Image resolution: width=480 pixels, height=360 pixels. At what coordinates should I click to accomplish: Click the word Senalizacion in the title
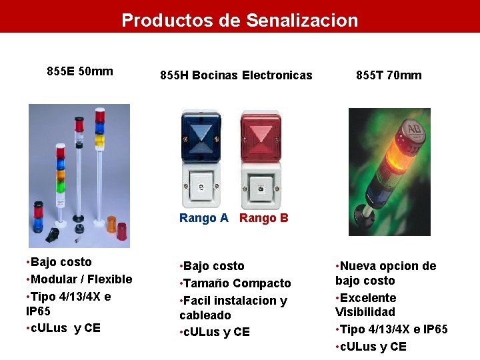[x=302, y=21]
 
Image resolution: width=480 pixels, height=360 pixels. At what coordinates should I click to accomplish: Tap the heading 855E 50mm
[x=80, y=71]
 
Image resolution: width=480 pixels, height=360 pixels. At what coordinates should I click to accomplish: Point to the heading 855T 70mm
[x=389, y=75]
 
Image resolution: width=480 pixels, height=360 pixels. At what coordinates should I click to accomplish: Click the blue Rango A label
[x=204, y=218]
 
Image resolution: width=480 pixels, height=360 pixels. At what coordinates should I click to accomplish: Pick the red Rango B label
[x=264, y=218]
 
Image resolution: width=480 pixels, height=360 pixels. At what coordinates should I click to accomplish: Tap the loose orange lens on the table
[x=111, y=223]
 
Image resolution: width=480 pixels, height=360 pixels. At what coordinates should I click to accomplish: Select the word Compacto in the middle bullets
[x=263, y=283]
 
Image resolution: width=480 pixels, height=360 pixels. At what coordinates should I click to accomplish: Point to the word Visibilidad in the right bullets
[x=365, y=312]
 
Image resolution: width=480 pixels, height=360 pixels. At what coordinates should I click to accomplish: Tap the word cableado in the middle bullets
[x=205, y=315]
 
